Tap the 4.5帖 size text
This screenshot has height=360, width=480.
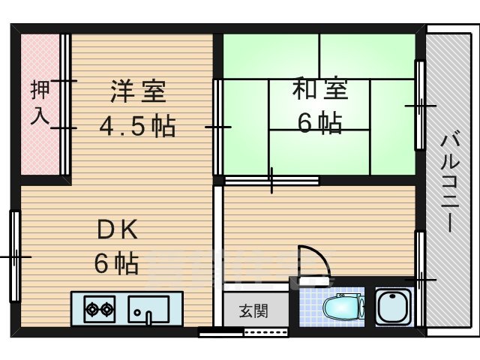[138, 125]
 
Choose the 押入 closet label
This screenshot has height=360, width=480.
[40, 103]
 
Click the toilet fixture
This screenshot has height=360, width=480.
[341, 307]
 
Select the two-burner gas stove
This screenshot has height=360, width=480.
[99, 308]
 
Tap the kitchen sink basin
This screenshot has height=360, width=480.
[149, 308]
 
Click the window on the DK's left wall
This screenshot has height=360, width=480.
[14, 256]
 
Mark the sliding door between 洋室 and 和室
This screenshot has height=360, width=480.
[217, 127]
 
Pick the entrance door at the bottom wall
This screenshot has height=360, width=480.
[244, 331]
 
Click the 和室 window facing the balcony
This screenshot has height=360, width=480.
[420, 106]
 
